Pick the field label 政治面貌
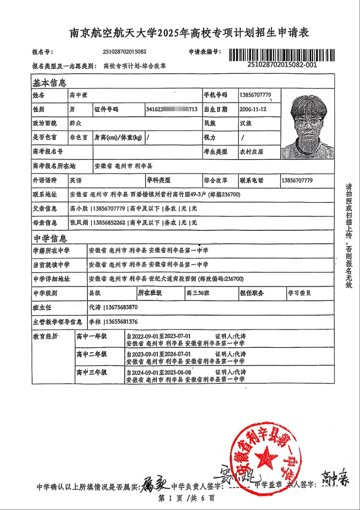[44, 123]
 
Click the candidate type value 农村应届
[253, 152]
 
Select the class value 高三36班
[200, 293]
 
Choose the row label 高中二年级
[92, 354]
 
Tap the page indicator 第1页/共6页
[186, 498]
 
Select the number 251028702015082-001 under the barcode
[282, 65]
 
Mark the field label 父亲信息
[44, 209]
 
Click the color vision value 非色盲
[79, 138]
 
